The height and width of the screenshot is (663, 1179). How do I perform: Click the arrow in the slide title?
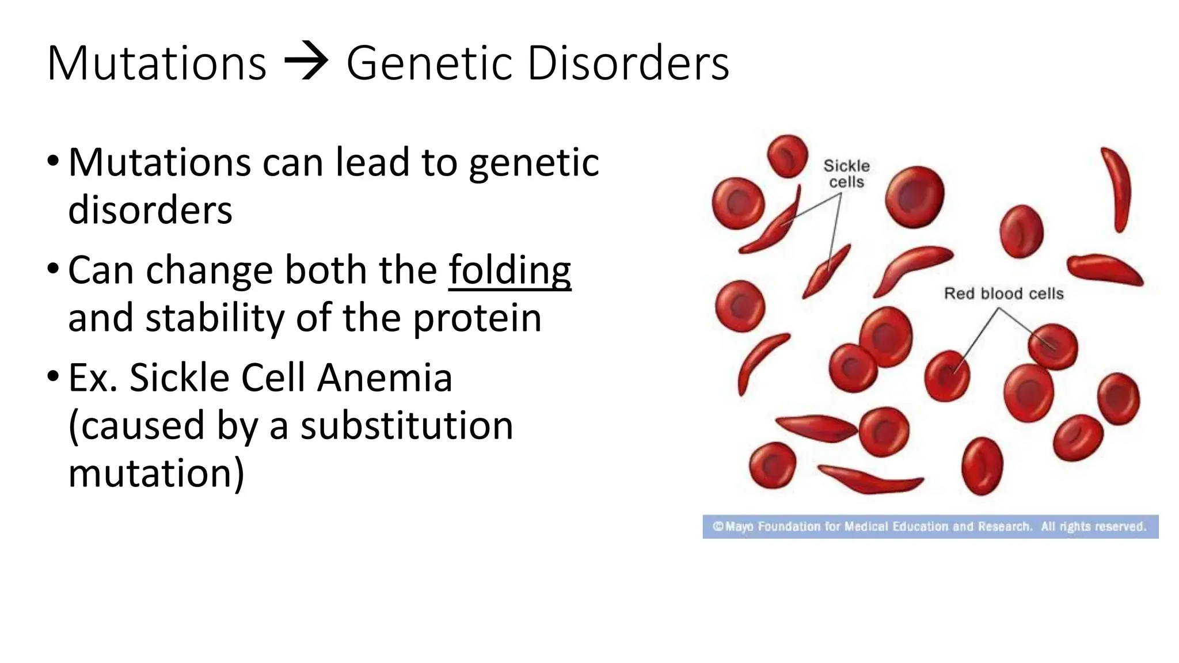tap(306, 62)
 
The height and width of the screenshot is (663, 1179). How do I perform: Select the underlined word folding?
tap(509, 270)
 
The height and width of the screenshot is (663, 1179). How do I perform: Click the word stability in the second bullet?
tap(214, 318)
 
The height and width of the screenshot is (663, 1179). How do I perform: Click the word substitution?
tap(406, 426)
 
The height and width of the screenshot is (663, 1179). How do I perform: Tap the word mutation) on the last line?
tap(156, 474)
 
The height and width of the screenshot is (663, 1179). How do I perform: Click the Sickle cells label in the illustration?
tap(846, 174)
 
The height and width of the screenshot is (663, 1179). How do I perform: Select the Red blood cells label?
tap(1003, 294)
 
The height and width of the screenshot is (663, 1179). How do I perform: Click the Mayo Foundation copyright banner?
tap(930, 527)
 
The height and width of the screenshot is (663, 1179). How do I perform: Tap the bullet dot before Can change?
tap(53, 269)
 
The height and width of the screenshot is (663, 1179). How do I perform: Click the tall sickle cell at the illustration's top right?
tap(1117, 190)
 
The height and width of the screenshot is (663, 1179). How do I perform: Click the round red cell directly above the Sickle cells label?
tap(788, 155)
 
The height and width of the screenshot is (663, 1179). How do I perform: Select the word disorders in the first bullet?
tap(150, 210)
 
